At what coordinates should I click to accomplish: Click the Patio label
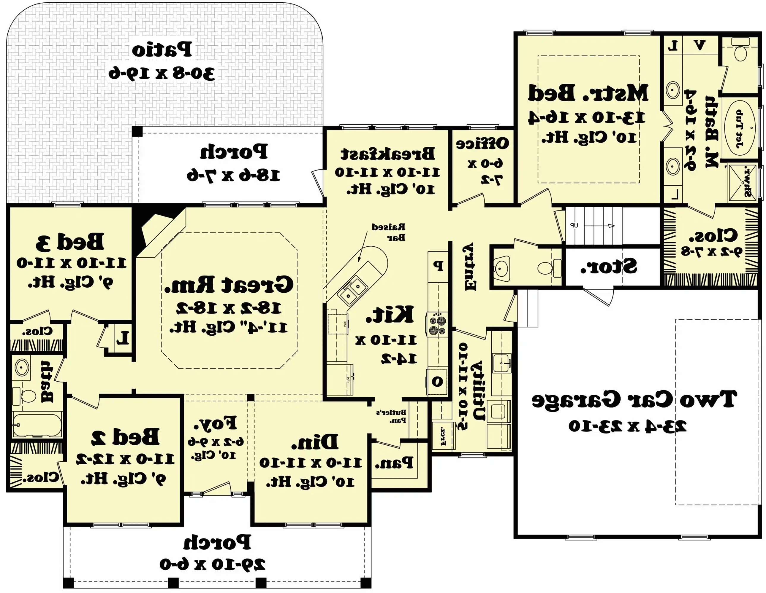[162, 50]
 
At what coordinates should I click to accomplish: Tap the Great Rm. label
[229, 284]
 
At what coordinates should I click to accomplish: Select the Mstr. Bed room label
[588, 93]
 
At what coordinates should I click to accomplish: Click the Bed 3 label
[70, 242]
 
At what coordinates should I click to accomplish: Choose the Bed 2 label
[125, 437]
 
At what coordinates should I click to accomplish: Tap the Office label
[482, 144]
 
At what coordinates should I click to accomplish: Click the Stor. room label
[609, 267]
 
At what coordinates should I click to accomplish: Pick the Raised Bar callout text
[389, 232]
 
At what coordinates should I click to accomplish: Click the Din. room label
[315, 442]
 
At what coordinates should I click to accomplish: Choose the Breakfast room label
[387, 153]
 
